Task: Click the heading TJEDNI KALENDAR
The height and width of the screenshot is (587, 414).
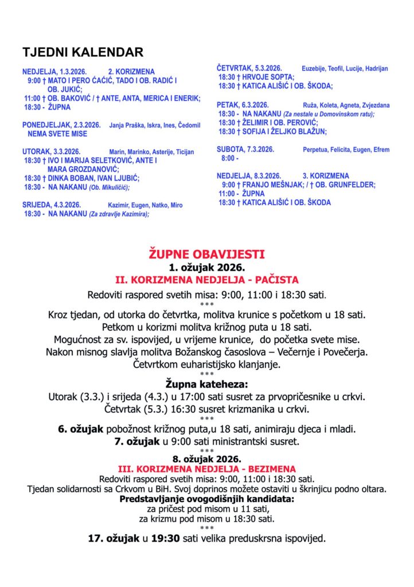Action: coord(83,53)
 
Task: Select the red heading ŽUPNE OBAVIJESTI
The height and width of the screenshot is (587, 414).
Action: coord(206,254)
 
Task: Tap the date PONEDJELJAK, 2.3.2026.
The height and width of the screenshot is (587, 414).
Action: coord(61,125)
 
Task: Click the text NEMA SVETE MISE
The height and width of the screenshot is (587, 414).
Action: coord(57,134)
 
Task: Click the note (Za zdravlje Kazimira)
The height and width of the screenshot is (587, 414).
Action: coord(119,214)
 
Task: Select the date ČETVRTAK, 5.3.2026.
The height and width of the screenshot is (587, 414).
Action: coord(247,68)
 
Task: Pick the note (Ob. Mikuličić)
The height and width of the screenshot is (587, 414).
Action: coord(109,187)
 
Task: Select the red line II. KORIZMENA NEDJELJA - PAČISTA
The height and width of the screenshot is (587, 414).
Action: coord(206,280)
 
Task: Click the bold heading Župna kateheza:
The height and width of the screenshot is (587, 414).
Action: coord(206,383)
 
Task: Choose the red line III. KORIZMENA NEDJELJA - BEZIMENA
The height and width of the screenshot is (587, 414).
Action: coord(206,468)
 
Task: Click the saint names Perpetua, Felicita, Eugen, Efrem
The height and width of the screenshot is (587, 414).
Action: coord(346,150)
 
